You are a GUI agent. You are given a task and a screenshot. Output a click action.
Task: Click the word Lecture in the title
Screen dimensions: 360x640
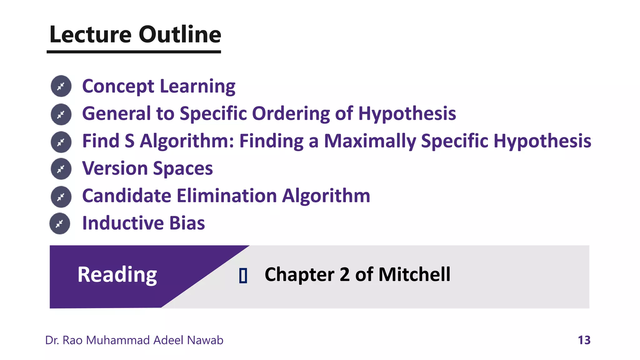pyautogui.click(x=90, y=34)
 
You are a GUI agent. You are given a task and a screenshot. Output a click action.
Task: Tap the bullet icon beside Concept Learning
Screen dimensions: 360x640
pyautogui.click(x=61, y=86)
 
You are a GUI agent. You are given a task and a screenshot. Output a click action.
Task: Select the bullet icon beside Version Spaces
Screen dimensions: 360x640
pyautogui.click(x=61, y=169)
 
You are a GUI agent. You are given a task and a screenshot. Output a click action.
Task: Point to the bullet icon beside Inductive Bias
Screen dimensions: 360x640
pyautogui.click(x=60, y=223)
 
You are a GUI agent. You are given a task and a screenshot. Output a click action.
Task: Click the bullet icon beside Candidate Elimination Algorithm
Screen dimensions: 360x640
pyautogui.click(x=61, y=197)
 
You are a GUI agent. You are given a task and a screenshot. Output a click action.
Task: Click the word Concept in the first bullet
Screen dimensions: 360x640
pyautogui.click(x=118, y=87)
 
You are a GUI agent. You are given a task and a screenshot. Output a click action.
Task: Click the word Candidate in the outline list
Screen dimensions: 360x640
pyautogui.click(x=127, y=196)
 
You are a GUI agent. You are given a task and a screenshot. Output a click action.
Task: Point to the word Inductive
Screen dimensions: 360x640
pyautogui.click(x=123, y=223)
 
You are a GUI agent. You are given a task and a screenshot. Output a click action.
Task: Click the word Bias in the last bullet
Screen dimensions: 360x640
pyautogui.click(x=187, y=223)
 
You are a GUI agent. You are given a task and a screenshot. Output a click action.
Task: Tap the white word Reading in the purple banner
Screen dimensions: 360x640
pyautogui.click(x=117, y=275)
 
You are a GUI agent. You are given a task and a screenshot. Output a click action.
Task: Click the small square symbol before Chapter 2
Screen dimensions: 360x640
pyautogui.click(x=243, y=275)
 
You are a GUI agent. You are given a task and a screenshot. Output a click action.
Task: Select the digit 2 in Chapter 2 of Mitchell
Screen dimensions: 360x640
pyautogui.click(x=344, y=275)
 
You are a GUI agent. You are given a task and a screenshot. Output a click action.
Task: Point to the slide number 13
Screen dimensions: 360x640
pyautogui.click(x=584, y=340)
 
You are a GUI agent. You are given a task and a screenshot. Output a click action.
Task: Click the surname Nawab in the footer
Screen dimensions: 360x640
pyautogui.click(x=205, y=340)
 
